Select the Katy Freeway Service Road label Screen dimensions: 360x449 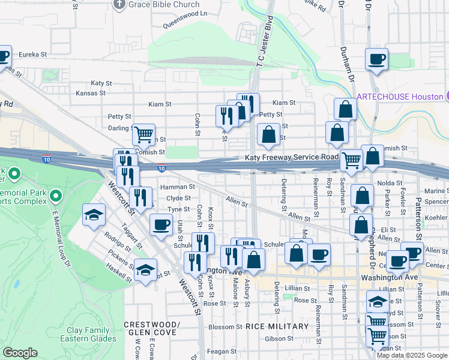point(292,157)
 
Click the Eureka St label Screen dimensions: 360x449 point(33,54)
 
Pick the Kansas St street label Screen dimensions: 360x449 point(91,93)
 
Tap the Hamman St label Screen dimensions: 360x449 point(177,187)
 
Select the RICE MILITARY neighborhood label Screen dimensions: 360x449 point(277,326)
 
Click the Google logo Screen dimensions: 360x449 point(20,353)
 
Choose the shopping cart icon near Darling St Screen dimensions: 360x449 point(144,136)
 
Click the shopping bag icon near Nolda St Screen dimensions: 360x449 point(363,196)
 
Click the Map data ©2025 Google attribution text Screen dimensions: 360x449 point(412,355)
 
